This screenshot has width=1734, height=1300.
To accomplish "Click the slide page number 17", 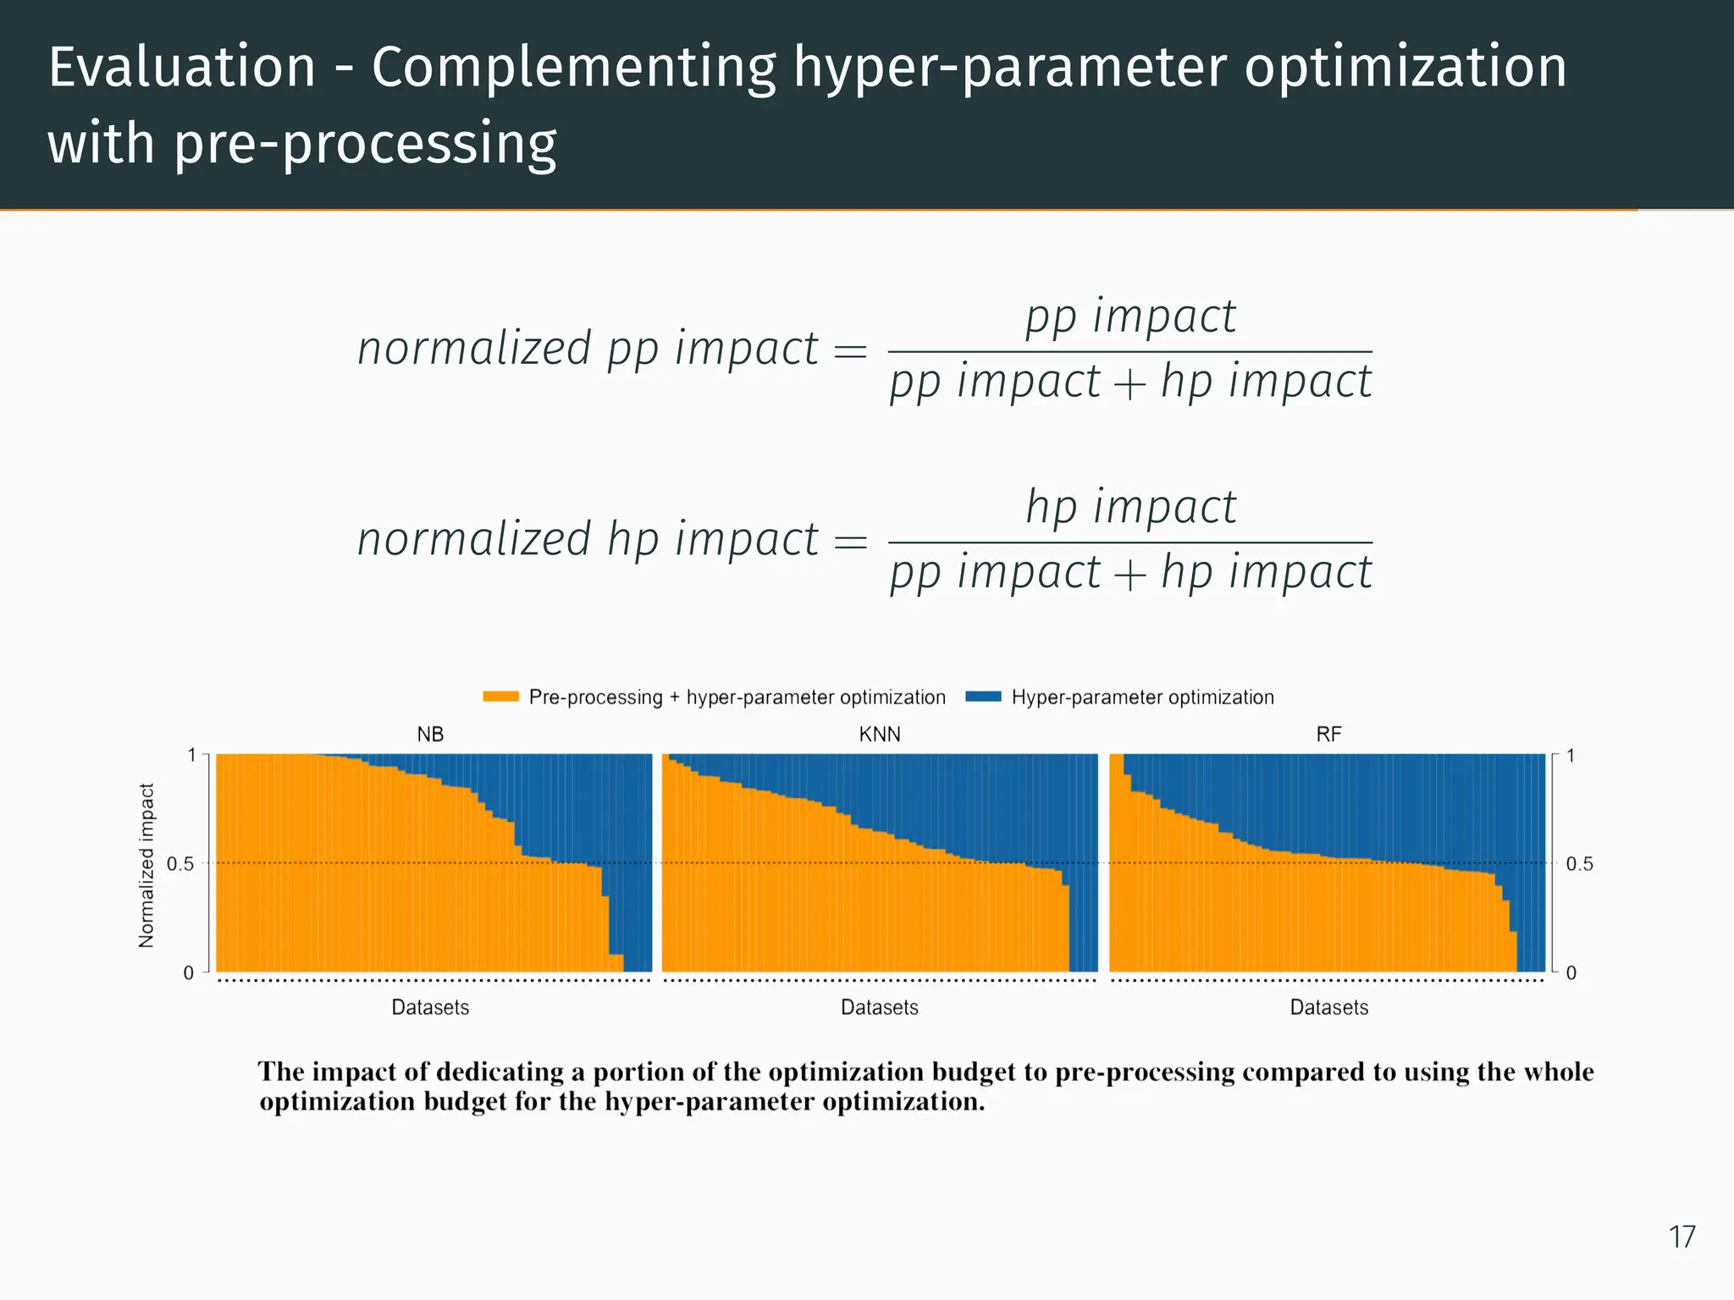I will [x=1682, y=1237].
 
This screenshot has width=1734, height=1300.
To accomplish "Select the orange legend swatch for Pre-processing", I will [x=500, y=697].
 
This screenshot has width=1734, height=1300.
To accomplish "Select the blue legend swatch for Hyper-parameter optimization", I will [x=983, y=697].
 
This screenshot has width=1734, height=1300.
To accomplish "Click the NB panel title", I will [x=430, y=734].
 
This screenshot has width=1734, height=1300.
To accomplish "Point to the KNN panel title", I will [x=880, y=734].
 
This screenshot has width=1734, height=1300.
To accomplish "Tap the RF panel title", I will [x=1328, y=734].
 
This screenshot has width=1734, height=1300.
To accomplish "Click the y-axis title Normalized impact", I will [x=146, y=864].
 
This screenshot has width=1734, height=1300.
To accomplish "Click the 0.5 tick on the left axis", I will [x=180, y=864].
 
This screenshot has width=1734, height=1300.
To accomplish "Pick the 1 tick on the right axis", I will [x=1571, y=756].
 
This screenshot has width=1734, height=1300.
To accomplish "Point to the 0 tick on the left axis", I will [x=189, y=972].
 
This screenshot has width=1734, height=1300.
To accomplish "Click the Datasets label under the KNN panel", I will [x=879, y=1007].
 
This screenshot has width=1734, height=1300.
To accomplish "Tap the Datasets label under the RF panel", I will [x=1328, y=1007].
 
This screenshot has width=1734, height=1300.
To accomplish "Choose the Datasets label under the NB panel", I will [x=430, y=1007].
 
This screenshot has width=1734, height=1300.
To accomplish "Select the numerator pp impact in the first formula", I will [x=1130, y=317].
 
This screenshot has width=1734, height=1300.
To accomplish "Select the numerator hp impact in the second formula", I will [x=1130, y=507].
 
